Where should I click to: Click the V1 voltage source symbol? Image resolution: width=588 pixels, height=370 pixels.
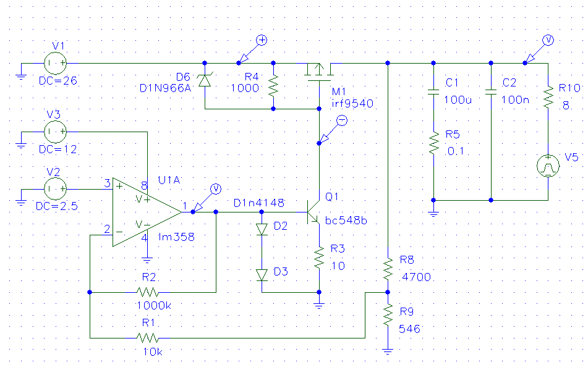(56, 63)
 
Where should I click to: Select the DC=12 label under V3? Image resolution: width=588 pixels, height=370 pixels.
(58, 149)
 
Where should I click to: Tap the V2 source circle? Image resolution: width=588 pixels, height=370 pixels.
(56, 189)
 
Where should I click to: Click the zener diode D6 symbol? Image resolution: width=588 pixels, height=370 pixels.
(205, 80)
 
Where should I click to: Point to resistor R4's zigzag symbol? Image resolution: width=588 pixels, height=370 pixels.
(273, 86)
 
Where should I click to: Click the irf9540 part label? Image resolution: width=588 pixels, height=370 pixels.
(352, 103)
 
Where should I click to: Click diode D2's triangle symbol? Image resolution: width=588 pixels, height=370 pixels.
(262, 229)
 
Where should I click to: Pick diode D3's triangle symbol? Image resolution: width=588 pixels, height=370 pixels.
(262, 275)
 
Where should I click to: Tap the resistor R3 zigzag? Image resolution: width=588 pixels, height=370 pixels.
(319, 258)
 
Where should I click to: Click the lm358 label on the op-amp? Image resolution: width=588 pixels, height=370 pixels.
(176, 237)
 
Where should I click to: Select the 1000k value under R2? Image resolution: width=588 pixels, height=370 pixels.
(154, 306)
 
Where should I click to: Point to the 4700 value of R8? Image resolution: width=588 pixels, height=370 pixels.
(416, 277)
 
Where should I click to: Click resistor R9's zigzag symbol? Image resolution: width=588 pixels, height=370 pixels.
(388, 314)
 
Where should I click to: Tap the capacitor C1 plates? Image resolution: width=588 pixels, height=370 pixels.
(433, 92)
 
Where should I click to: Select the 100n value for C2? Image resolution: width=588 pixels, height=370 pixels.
(515, 100)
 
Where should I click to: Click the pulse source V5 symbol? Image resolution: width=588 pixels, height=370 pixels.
(548, 166)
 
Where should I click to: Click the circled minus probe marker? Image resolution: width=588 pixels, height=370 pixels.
(342, 120)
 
